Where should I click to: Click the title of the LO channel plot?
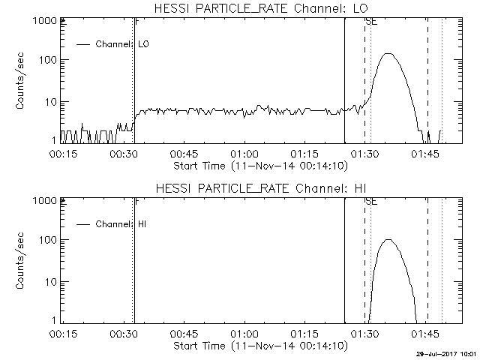pyautogui.click(x=261, y=8)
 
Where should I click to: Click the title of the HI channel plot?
pyautogui.click(x=261, y=188)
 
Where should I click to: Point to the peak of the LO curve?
pyautogui.click(x=388, y=53)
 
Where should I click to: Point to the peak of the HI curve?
pyautogui.click(x=388, y=239)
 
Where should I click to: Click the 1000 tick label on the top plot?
pyautogui.click(x=45, y=21)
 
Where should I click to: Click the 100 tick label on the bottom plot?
pyautogui.click(x=48, y=240)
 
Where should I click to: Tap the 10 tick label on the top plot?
pyautogui.click(x=51, y=102)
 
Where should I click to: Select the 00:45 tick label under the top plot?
pyautogui.click(x=184, y=154)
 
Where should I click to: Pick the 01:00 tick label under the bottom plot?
pyautogui.click(x=244, y=334)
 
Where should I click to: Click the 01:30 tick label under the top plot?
pyautogui.click(x=364, y=154)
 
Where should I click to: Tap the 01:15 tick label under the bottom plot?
pyautogui.click(x=304, y=334)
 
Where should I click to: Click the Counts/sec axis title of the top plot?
pyautogui.click(x=19, y=81)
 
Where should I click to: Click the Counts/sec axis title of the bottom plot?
pyautogui.click(x=19, y=261)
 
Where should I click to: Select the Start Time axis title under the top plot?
pyautogui.click(x=261, y=166)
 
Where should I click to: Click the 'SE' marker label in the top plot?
pyautogui.click(x=371, y=22)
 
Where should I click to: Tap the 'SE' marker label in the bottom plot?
pyautogui.click(x=371, y=202)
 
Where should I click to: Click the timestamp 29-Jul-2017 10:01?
pyautogui.click(x=446, y=354)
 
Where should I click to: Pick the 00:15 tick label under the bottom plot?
pyautogui.click(x=63, y=334)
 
